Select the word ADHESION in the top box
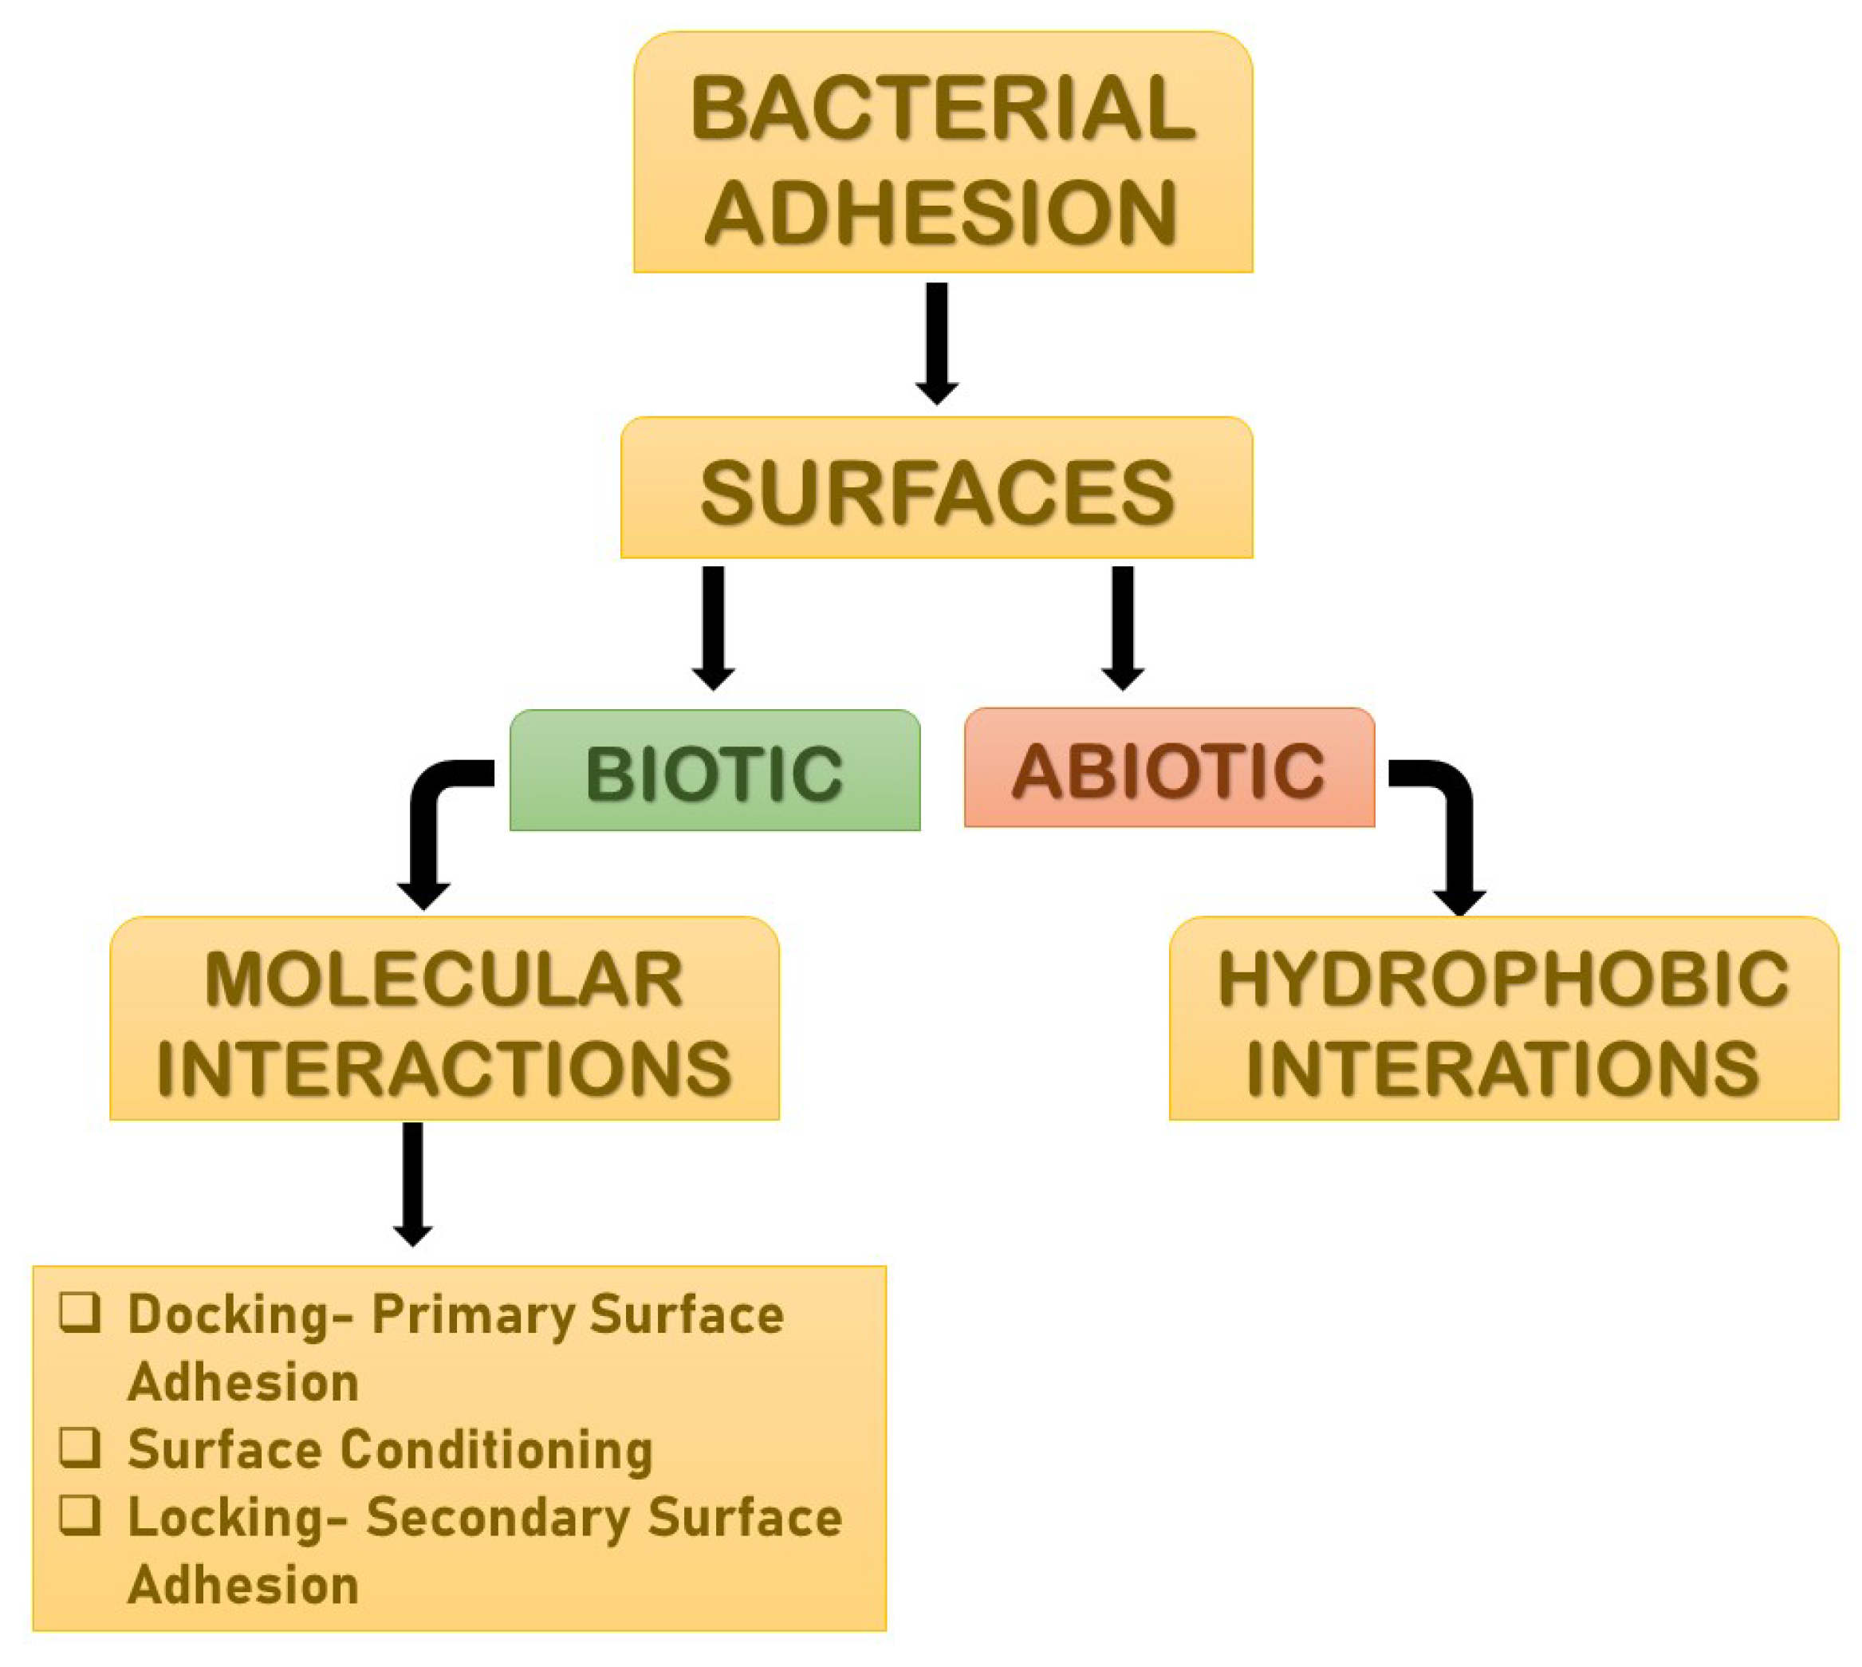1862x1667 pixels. [x=941, y=212]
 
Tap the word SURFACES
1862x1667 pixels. [x=937, y=493]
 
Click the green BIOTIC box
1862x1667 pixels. [x=714, y=771]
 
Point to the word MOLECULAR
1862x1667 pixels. [x=444, y=980]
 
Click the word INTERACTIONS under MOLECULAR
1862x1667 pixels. [x=444, y=1068]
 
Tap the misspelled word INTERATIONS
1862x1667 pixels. [x=1503, y=1068]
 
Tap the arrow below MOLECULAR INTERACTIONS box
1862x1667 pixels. [x=413, y=1181]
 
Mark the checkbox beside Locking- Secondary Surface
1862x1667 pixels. [x=80, y=1514]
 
